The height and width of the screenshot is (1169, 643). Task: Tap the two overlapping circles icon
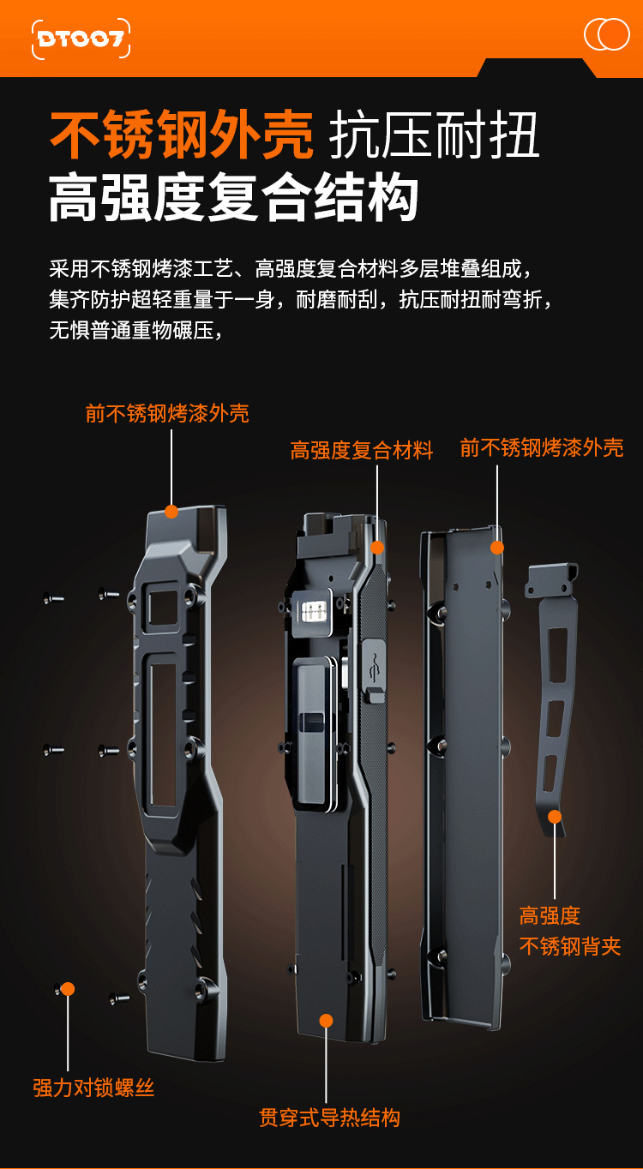(x=606, y=34)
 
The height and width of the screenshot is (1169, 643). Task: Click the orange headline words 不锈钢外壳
(x=182, y=135)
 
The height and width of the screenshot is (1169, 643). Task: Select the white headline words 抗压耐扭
(x=435, y=135)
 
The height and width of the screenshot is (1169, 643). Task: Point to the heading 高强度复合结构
(x=233, y=199)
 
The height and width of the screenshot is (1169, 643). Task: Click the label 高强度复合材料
(x=362, y=451)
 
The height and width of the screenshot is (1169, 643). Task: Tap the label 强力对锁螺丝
(x=94, y=1088)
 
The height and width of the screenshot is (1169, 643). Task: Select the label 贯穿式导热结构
(x=330, y=1118)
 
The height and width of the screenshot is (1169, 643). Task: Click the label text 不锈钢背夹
(x=570, y=946)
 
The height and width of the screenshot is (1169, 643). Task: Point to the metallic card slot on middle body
(x=313, y=610)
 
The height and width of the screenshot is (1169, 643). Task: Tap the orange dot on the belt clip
(x=556, y=817)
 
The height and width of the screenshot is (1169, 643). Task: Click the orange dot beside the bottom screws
(x=68, y=989)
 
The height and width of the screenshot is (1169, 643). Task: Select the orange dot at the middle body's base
(x=326, y=1020)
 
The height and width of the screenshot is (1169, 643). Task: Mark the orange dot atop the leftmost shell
(x=171, y=512)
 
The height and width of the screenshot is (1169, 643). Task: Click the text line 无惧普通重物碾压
(x=135, y=329)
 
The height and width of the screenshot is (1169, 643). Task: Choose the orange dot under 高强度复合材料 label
(x=376, y=547)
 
